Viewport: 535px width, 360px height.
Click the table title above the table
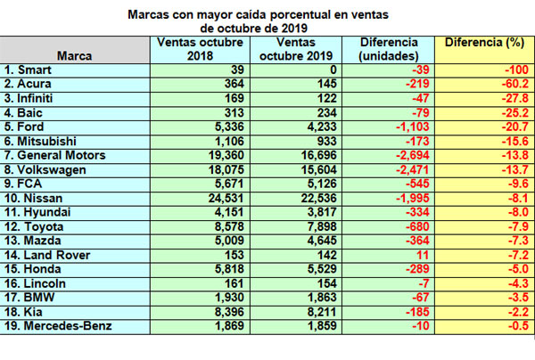tap(258, 21)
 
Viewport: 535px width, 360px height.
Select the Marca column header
tap(74, 56)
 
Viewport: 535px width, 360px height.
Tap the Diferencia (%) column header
tap(484, 43)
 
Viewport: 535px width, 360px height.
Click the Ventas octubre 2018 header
tap(200, 49)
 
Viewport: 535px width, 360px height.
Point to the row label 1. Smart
tap(28, 70)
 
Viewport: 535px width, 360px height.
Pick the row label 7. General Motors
tap(55, 155)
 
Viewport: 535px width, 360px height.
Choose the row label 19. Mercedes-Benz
tap(58, 326)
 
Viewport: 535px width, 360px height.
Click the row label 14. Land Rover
tap(47, 255)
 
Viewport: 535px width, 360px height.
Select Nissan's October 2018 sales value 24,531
tap(226, 198)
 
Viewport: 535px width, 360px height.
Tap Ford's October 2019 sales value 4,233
tap(322, 127)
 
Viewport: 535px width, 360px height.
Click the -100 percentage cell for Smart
tap(516, 70)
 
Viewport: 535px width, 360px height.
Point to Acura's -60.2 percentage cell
tap(514, 84)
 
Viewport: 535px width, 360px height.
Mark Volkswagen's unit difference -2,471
tap(412, 170)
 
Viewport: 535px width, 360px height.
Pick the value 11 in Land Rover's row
tap(423, 255)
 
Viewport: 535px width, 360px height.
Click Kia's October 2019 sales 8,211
tap(322, 312)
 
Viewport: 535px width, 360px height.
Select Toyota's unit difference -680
tap(417, 226)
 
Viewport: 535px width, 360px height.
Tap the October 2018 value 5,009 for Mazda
tap(229, 241)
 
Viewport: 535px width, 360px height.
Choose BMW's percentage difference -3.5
tap(518, 298)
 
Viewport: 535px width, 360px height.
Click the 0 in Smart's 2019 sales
tap(333, 70)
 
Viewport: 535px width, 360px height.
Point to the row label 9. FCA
tap(23, 184)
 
